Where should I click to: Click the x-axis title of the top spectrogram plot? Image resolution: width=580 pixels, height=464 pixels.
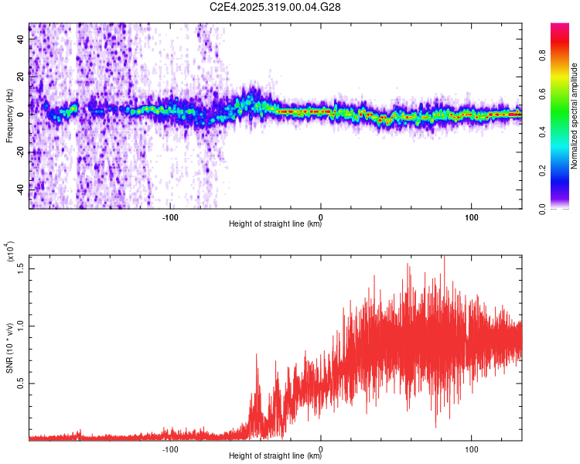(275, 224)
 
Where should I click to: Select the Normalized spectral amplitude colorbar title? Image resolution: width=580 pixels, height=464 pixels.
(575, 116)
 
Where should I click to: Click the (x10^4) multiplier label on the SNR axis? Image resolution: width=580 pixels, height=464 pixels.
(9, 253)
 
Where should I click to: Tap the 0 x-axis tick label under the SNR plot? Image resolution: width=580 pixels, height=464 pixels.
(321, 447)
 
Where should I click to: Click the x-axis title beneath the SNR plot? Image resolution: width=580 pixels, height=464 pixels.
(275, 456)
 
